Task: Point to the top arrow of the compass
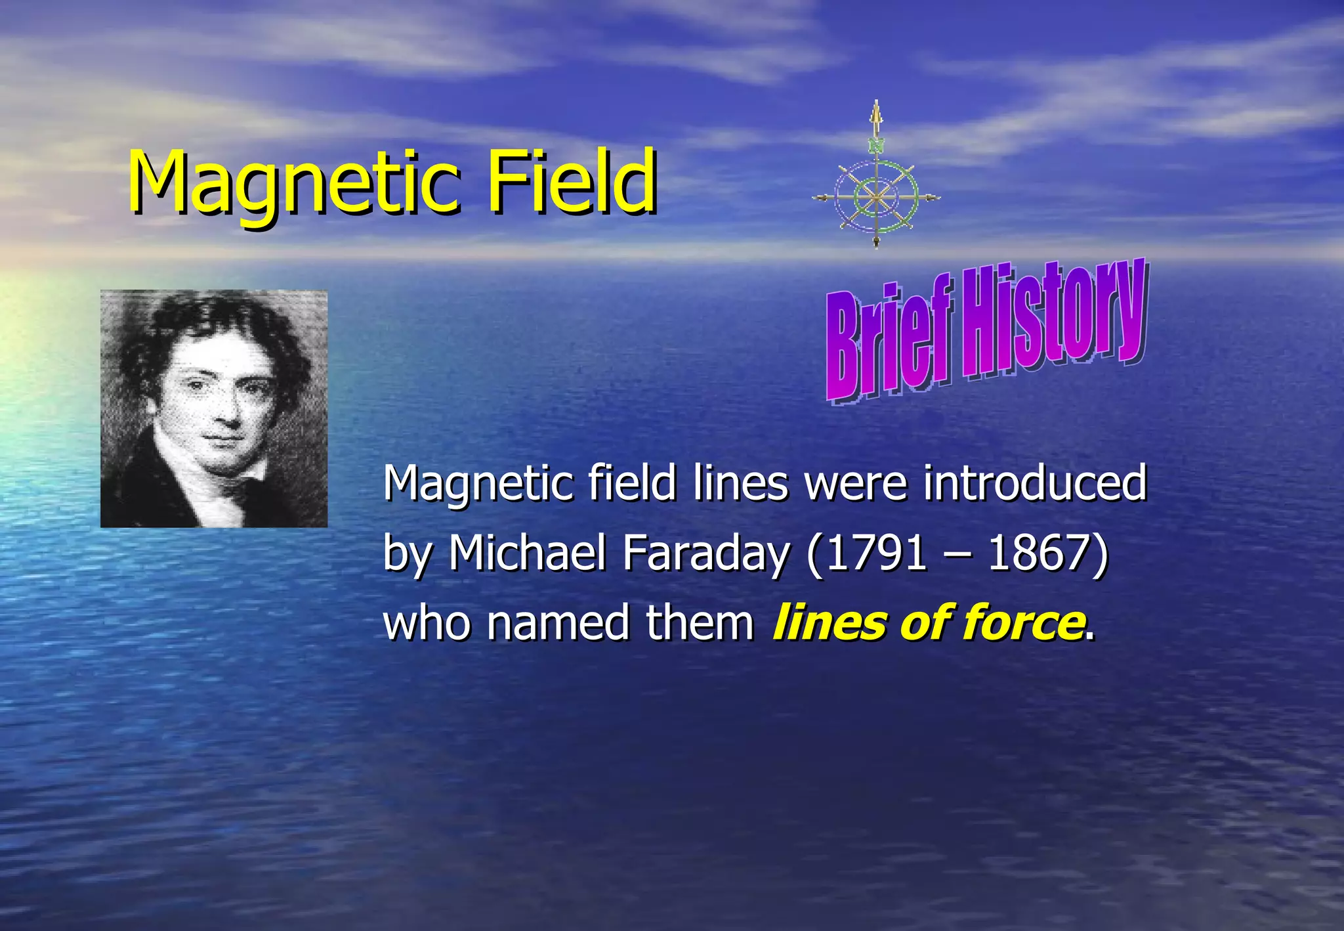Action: tap(876, 115)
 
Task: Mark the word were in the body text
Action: tap(856, 483)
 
